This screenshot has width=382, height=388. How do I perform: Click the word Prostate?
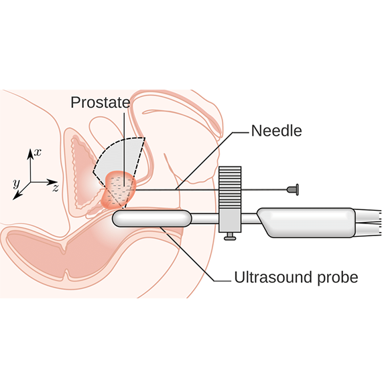[x=100, y=102]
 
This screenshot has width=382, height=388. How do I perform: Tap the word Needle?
[x=276, y=130]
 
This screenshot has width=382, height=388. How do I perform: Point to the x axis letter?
[x=38, y=152]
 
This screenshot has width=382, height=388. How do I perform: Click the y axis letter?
[x=16, y=183]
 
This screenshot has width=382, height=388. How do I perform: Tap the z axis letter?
[x=56, y=188]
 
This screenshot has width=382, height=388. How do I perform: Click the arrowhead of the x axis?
[x=30, y=153]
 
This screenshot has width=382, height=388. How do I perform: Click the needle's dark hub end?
[x=292, y=189]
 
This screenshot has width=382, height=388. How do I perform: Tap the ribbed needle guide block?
[x=230, y=187]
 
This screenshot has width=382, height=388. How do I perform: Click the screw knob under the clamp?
[x=230, y=237]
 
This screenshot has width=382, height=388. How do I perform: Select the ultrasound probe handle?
[x=306, y=223]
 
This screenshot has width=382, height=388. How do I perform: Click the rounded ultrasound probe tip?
[x=152, y=218]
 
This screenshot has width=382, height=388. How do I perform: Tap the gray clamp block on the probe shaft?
[x=230, y=220]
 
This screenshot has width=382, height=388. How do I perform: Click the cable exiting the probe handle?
[x=369, y=223]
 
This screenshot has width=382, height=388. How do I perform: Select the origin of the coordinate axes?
[x=30, y=182]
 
